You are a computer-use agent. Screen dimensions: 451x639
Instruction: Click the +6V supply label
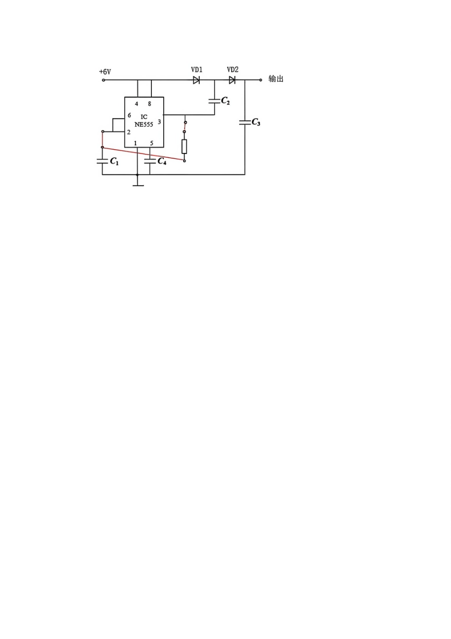tap(104, 72)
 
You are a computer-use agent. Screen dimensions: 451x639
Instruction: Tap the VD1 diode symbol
tap(196, 80)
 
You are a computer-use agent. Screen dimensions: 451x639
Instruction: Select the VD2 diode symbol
tap(232, 80)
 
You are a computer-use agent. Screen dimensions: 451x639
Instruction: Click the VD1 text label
tap(197, 70)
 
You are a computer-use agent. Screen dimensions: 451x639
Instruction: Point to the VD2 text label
tap(233, 70)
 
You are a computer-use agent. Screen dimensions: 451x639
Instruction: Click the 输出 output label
tap(276, 79)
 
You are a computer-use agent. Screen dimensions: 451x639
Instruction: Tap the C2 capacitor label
tap(225, 101)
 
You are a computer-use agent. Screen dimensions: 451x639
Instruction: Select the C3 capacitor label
tap(256, 122)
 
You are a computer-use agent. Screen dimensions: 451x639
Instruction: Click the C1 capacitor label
tap(114, 161)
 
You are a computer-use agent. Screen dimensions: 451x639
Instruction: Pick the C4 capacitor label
tap(161, 161)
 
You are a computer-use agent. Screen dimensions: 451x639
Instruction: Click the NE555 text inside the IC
tap(144, 124)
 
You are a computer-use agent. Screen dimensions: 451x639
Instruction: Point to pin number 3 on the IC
tap(159, 122)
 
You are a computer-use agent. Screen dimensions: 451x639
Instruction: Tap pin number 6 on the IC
tap(129, 115)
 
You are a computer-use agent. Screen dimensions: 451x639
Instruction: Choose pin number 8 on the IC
tap(150, 104)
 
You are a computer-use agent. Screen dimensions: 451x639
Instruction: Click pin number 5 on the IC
tap(151, 143)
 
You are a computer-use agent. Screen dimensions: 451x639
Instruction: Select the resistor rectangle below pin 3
tap(184, 147)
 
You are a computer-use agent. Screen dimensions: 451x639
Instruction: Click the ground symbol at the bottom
tap(138, 185)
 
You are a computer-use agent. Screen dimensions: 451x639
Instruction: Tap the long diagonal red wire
tap(143, 154)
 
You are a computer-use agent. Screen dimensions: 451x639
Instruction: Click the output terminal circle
tap(261, 80)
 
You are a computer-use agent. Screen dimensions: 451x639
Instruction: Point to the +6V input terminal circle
tap(103, 80)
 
